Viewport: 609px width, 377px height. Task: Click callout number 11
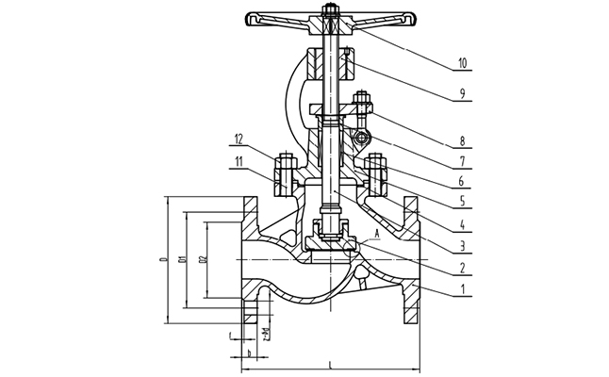pos(241,161)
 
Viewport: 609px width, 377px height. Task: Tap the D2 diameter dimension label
pos(204,257)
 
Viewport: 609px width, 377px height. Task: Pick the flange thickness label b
pos(248,354)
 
